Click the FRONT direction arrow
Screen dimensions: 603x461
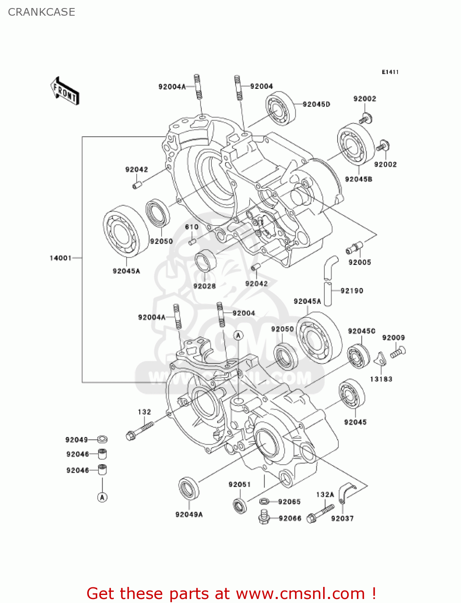(65, 91)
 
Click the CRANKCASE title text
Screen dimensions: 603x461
(41, 12)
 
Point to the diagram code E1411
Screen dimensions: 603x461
(390, 72)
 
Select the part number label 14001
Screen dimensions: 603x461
(60, 258)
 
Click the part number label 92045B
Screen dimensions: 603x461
(359, 179)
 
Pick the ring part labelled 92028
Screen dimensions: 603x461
(205, 260)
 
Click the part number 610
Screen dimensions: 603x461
(192, 227)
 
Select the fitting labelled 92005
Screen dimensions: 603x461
(354, 248)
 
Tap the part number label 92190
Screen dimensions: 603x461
(352, 291)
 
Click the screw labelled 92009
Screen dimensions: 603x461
(398, 353)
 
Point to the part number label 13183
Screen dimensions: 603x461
(381, 379)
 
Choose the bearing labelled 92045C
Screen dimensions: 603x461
(359, 356)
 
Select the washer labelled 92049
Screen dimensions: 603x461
(102, 439)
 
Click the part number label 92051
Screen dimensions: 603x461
(240, 485)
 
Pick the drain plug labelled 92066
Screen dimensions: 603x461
(264, 517)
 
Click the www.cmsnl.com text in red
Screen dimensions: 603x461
(300, 594)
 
